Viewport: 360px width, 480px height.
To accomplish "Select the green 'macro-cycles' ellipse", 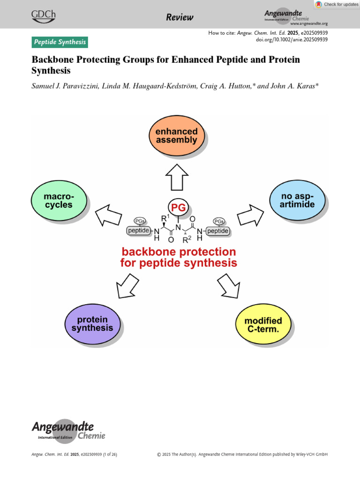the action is tap(59, 200).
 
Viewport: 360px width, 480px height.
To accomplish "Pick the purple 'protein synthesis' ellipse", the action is tap(92, 324).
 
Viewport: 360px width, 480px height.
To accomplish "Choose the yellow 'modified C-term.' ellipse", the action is tap(263, 325).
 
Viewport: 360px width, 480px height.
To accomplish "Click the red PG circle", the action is tap(179, 208).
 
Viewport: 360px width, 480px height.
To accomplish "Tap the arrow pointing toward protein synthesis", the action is tap(127, 286).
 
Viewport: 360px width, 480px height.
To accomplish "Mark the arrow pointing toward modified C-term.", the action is tap(229, 286).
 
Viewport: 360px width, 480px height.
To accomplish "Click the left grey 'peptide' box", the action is tap(138, 231).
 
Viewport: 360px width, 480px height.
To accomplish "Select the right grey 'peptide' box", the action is tap(218, 231).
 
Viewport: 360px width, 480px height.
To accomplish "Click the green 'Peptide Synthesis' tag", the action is tap(60, 42).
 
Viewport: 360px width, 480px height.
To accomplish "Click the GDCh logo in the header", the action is tap(43, 16).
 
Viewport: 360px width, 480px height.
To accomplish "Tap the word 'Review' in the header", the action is tap(180, 17).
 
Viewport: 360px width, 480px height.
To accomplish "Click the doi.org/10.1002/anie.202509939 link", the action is tap(292, 40).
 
